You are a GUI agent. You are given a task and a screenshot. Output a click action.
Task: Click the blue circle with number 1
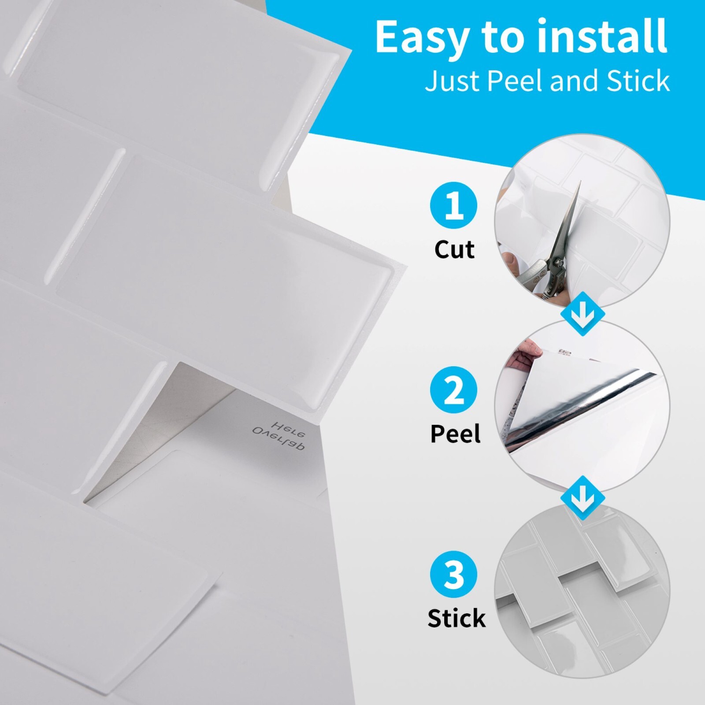click(x=453, y=205)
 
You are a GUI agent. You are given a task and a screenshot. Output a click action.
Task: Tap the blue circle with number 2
click(x=453, y=390)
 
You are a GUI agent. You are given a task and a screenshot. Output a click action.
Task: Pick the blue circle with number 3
click(x=453, y=574)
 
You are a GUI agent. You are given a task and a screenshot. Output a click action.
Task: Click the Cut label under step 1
click(x=454, y=249)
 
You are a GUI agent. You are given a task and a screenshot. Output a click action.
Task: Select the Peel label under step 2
click(x=455, y=434)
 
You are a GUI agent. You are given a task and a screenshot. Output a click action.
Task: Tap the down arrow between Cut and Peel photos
click(x=583, y=314)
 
